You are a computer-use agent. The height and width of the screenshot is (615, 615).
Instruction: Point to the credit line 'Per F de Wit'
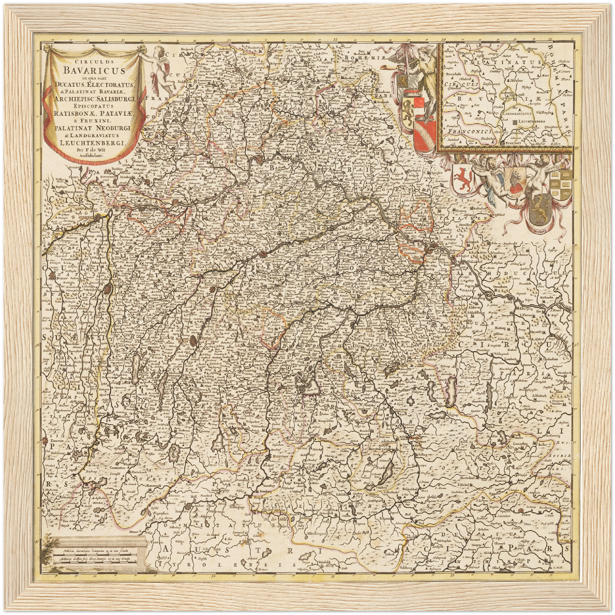click(x=94, y=150)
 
